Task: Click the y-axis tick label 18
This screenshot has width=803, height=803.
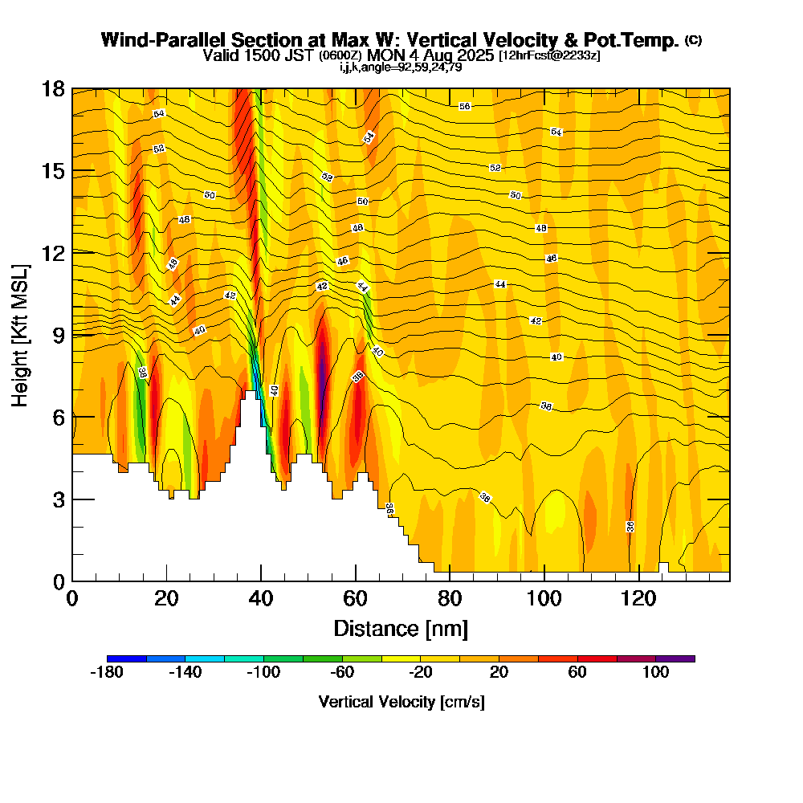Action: pyautogui.click(x=52, y=89)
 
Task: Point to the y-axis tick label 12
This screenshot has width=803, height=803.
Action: pyautogui.click(x=52, y=253)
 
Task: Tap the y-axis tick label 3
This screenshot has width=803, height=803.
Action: pyautogui.click(x=57, y=499)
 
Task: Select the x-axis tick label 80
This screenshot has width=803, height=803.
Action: pyautogui.click(x=450, y=600)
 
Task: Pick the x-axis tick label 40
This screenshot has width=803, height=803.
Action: pyautogui.click(x=261, y=600)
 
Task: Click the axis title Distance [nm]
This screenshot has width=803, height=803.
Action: pyautogui.click(x=401, y=628)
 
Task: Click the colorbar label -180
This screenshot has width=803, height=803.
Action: pyautogui.click(x=107, y=673)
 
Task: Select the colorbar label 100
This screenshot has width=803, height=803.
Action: pyautogui.click(x=655, y=673)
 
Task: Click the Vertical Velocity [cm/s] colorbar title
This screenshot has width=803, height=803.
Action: pyautogui.click(x=401, y=702)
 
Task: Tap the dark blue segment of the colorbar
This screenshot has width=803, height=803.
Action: pyautogui.click(x=126, y=658)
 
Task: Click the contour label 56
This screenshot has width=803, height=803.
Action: pyautogui.click(x=464, y=107)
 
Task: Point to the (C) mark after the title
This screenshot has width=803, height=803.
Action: pyautogui.click(x=693, y=40)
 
